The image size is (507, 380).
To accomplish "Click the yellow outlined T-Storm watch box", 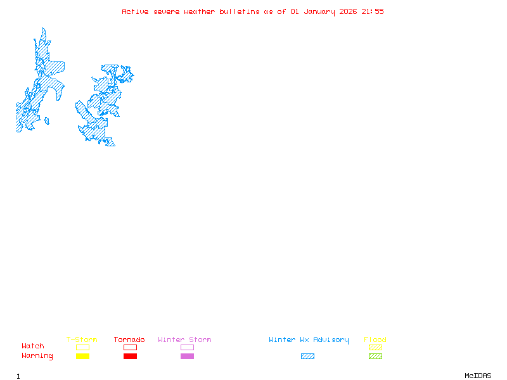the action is [82, 347].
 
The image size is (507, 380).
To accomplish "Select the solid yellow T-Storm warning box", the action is [82, 356].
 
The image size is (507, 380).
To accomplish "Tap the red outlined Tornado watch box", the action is [130, 347].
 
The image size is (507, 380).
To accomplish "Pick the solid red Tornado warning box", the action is [130, 356].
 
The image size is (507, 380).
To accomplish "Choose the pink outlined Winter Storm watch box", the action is [187, 347].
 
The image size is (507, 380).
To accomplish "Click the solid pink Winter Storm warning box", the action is [187, 356].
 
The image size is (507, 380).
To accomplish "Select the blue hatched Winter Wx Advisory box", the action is [307, 356].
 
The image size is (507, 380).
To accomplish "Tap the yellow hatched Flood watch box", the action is [375, 347].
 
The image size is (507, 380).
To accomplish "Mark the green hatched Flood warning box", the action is [375, 356].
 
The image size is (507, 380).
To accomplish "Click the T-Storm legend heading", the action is [82, 339].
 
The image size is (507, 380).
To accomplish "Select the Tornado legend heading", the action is [129, 339].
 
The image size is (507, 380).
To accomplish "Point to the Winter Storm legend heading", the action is [184, 339].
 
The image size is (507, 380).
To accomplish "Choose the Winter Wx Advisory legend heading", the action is [309, 339].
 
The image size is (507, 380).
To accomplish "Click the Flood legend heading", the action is [375, 339].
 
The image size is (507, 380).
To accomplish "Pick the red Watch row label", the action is [33, 346].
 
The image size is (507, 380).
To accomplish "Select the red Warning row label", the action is [37, 356].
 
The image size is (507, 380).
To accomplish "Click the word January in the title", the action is [319, 11].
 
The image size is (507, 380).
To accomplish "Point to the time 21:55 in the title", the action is [373, 11].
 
